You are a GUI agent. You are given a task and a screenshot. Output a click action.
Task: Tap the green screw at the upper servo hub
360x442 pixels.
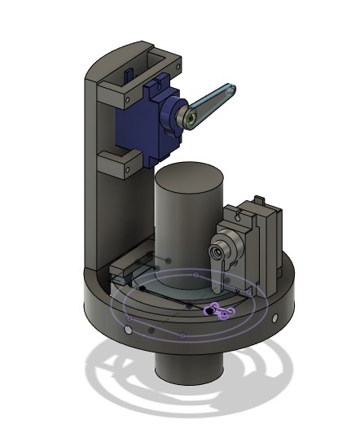tap(189, 120)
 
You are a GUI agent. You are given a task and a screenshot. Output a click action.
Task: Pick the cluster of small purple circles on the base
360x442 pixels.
tap(216, 310)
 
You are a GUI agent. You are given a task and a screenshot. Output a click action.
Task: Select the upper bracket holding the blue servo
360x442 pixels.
tap(138, 69)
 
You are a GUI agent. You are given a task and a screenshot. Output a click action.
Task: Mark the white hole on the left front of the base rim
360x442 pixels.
tap(128, 331)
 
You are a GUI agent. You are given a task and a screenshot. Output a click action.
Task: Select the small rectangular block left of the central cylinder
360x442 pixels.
tap(130, 265)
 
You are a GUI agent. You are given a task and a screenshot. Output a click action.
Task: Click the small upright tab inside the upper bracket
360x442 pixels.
tap(128, 74)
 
